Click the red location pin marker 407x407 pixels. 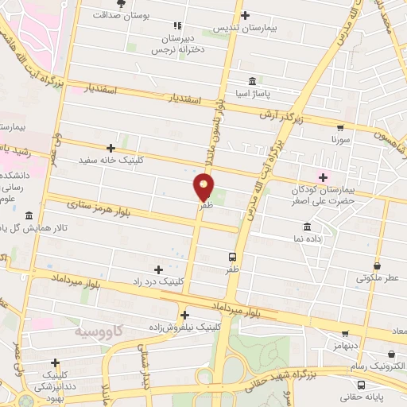[204, 187]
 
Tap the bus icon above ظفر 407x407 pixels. [232, 257]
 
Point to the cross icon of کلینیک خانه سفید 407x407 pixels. [110, 148]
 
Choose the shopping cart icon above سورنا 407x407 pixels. [340, 127]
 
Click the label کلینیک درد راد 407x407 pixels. [158, 281]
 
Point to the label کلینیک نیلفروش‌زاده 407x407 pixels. [182, 327]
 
